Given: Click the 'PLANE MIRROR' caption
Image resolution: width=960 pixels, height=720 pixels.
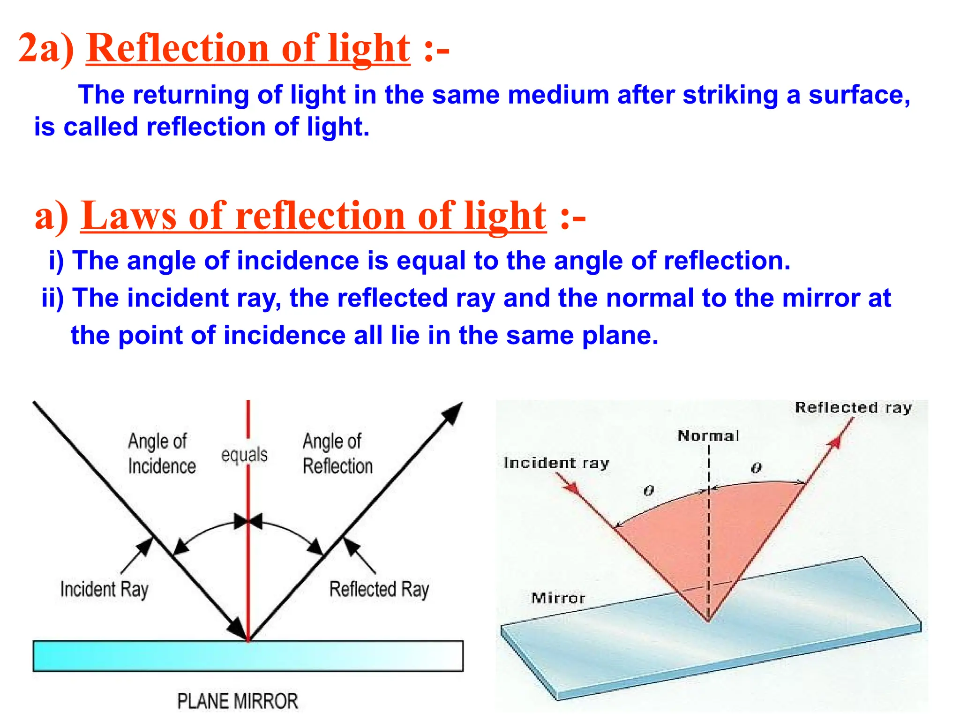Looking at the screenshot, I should point(237,701).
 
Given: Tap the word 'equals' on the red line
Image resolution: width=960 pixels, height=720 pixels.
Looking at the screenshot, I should point(244,455).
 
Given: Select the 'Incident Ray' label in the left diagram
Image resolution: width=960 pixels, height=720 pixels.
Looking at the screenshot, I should point(104,589).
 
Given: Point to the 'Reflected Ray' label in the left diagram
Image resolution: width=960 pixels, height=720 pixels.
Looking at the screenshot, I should point(379,589).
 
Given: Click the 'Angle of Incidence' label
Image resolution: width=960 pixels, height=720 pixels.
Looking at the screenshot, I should point(161,453).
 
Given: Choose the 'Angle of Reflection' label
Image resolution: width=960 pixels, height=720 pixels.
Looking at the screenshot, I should point(337,453).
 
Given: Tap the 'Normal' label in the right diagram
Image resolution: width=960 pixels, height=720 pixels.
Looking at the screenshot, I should point(708,436).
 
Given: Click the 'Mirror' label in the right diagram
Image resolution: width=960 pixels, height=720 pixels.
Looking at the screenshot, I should point(558,598).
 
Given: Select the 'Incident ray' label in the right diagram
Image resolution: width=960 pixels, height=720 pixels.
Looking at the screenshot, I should point(556,463).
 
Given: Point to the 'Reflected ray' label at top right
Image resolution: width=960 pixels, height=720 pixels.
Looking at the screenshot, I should point(853,407).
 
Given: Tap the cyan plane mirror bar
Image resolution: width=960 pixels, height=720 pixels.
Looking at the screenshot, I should point(248,656).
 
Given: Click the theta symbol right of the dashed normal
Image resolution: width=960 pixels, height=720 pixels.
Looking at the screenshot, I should point(756,468).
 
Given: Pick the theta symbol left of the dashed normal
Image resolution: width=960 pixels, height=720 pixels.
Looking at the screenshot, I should point(649,490).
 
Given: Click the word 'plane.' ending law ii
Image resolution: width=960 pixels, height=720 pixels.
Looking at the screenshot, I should point(620,336).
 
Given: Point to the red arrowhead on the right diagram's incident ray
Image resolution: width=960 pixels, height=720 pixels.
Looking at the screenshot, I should point(571,487).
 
